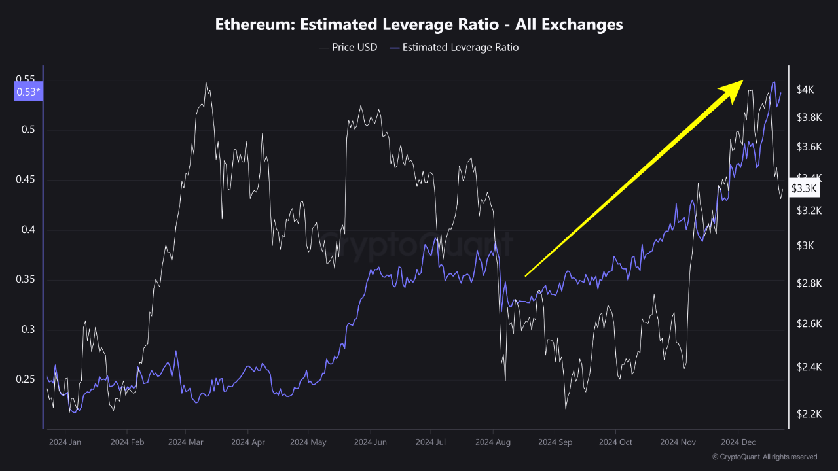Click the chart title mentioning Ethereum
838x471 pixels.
419,24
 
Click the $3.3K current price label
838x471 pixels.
804,188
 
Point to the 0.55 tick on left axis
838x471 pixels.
26,80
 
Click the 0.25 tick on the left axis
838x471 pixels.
26,379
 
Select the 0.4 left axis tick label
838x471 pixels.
29,230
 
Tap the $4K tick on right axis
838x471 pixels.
805,90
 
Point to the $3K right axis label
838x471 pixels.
805,245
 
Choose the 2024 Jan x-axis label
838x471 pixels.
65,442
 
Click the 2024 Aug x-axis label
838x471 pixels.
493,442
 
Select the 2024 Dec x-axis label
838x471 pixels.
738,442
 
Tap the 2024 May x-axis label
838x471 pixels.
309,442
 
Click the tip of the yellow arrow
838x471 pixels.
742,81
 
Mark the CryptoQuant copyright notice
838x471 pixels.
764,457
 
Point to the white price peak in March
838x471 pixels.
206,82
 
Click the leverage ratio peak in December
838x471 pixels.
774,82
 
